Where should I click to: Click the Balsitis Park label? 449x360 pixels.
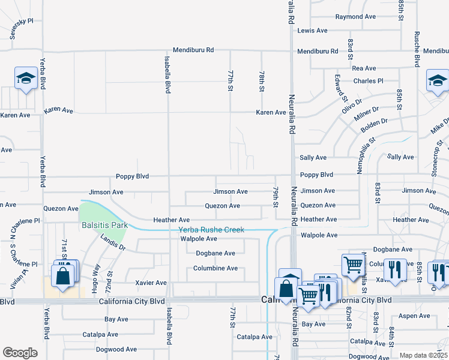coord(105,226)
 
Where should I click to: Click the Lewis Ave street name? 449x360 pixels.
coord(313,31)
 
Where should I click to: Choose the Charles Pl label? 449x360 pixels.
coord(368,81)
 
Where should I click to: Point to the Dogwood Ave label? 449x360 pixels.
coord(118,349)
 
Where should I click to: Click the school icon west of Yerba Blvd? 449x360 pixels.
coord(26,78)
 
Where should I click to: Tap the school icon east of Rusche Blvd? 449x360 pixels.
coord(437,81)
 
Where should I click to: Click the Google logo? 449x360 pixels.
coord(20,353)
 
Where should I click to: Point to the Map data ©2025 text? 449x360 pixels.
coord(423,355)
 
